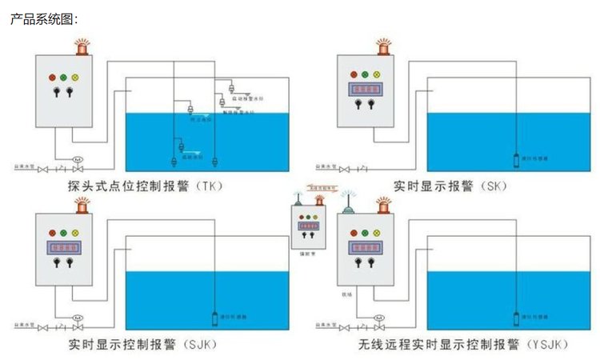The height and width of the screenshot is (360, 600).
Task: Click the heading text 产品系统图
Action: point(43,18)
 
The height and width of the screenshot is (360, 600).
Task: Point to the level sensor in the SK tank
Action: point(518,158)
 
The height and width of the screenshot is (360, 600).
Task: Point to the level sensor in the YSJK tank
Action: point(518,316)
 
